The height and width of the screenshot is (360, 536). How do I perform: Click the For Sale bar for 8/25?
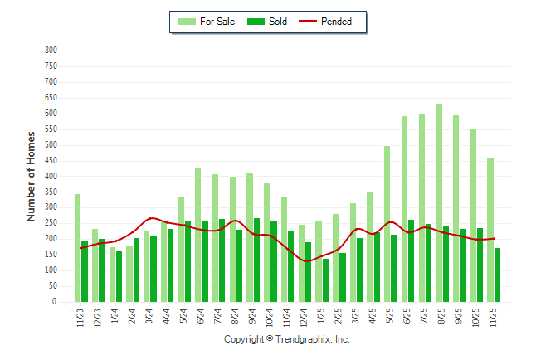(x=438, y=203)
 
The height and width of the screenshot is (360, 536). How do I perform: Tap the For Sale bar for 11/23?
(x=77, y=248)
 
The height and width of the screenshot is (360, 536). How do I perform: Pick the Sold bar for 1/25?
(x=325, y=280)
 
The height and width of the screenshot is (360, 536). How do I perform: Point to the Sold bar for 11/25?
(x=497, y=275)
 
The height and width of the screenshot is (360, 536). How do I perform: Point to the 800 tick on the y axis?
(x=51, y=51)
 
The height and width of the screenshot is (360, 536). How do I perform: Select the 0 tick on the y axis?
(x=54, y=303)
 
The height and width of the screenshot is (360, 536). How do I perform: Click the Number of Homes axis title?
(x=32, y=176)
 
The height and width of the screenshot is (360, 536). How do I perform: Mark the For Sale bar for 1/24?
(x=112, y=275)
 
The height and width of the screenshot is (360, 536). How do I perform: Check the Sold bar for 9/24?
(x=256, y=260)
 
